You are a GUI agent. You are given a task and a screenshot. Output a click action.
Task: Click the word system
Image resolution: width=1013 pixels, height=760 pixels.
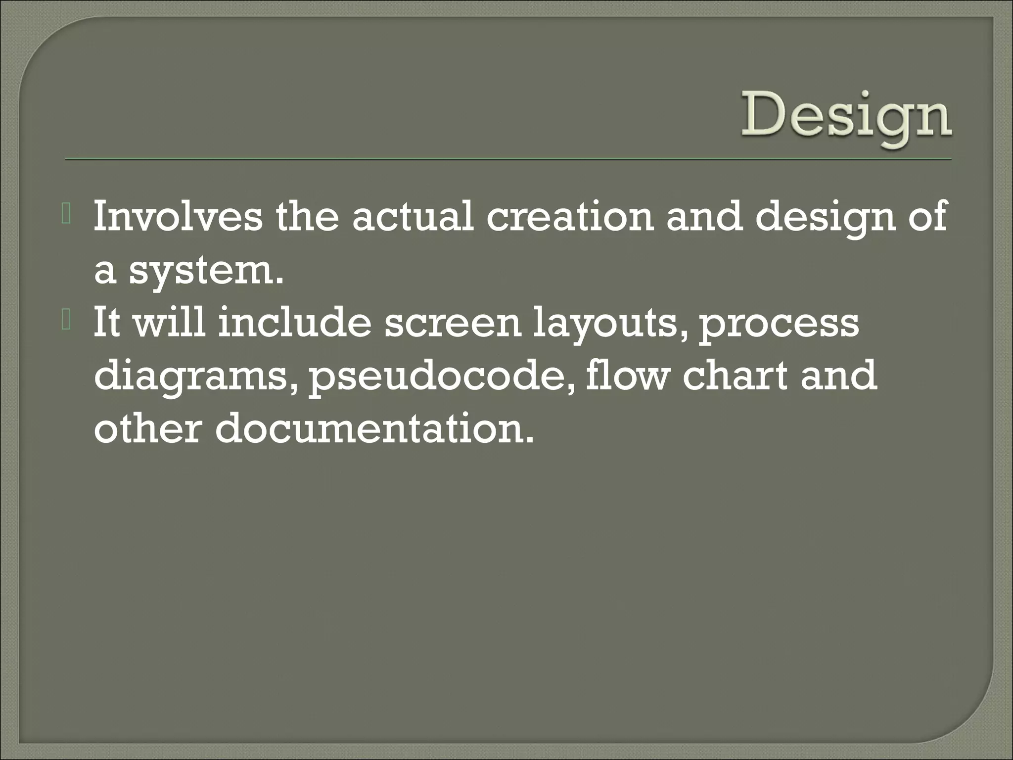click(206, 272)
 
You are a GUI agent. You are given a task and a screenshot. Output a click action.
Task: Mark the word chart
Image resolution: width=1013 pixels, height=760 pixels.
click(735, 376)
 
